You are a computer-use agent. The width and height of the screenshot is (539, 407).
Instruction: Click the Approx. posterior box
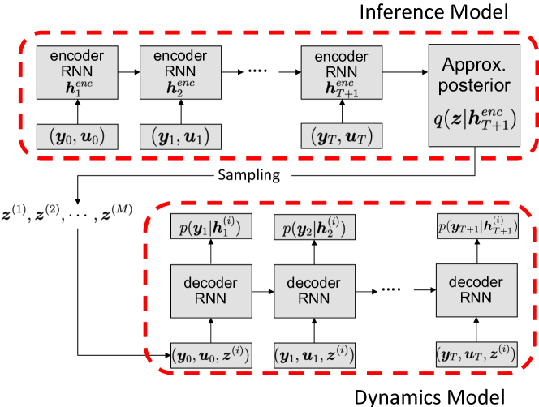475,95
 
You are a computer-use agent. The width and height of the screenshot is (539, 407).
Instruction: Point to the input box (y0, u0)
78,136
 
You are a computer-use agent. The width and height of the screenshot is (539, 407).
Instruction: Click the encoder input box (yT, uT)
342,136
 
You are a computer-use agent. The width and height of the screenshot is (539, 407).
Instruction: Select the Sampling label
252,174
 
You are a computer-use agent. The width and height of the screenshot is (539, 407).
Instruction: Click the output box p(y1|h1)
209,227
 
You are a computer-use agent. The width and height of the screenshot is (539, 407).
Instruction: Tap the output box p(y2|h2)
313,227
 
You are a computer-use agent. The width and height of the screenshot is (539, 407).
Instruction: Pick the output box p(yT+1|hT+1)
476,227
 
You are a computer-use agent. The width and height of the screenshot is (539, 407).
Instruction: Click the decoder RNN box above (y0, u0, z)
209,291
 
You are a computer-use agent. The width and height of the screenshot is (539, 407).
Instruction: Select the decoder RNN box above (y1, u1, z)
313,291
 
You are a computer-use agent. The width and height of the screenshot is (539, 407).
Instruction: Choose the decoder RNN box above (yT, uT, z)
476,290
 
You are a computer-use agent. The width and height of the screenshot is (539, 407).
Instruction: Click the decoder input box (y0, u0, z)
209,354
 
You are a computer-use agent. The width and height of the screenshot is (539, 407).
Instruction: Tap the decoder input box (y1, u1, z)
313,354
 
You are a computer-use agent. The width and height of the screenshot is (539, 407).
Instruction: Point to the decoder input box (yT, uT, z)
476,354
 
